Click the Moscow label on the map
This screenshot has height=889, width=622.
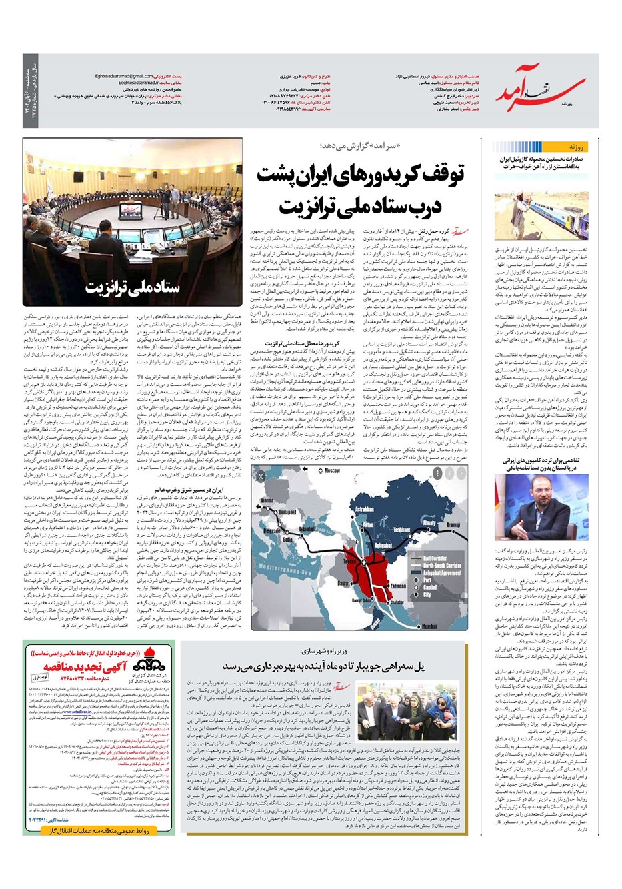(332, 471)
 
